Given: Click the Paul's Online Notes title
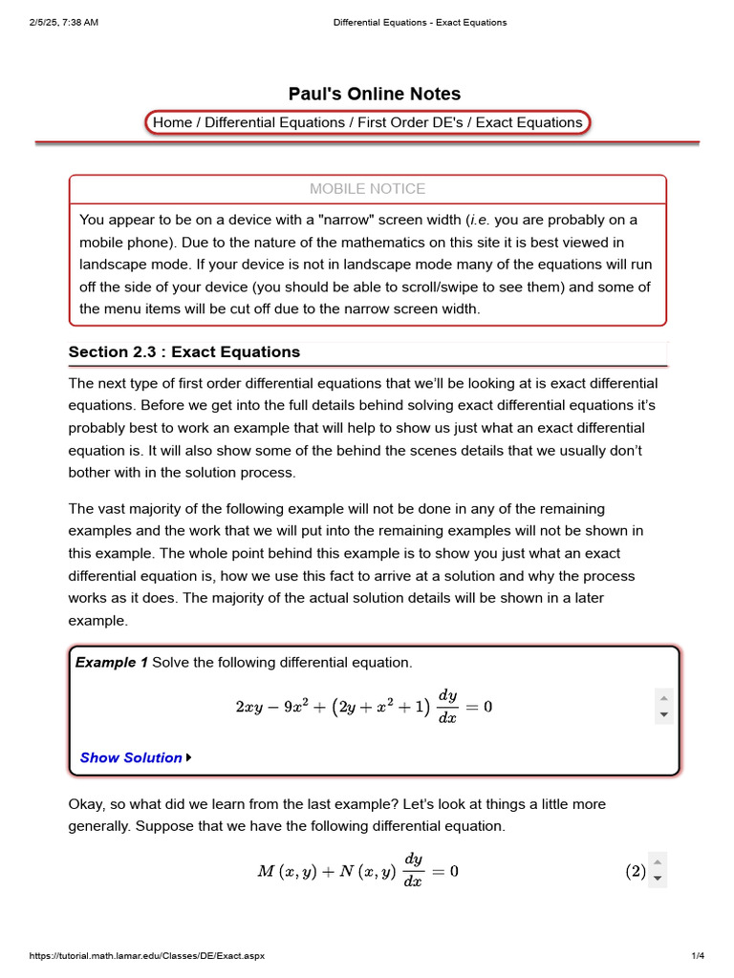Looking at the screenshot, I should [375, 94].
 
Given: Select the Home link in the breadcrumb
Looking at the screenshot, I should [172, 122].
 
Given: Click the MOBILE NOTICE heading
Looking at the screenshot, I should [368, 189].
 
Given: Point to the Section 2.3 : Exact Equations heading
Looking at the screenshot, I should [184, 351].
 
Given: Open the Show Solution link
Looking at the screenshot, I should [131, 757].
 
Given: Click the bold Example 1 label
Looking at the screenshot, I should [112, 662].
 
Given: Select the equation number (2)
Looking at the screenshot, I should [636, 871].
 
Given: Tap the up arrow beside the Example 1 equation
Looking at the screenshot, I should [664, 696].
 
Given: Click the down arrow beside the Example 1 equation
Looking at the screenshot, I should [664, 714].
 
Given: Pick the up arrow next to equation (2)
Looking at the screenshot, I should [658, 861].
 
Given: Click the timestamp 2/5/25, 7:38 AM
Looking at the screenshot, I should [64, 22].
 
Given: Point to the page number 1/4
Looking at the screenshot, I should [697, 956].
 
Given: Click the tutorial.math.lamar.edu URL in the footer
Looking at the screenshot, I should [147, 956].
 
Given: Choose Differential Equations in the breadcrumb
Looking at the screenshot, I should [275, 122].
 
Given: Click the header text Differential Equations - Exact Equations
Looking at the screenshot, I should [420, 22].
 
